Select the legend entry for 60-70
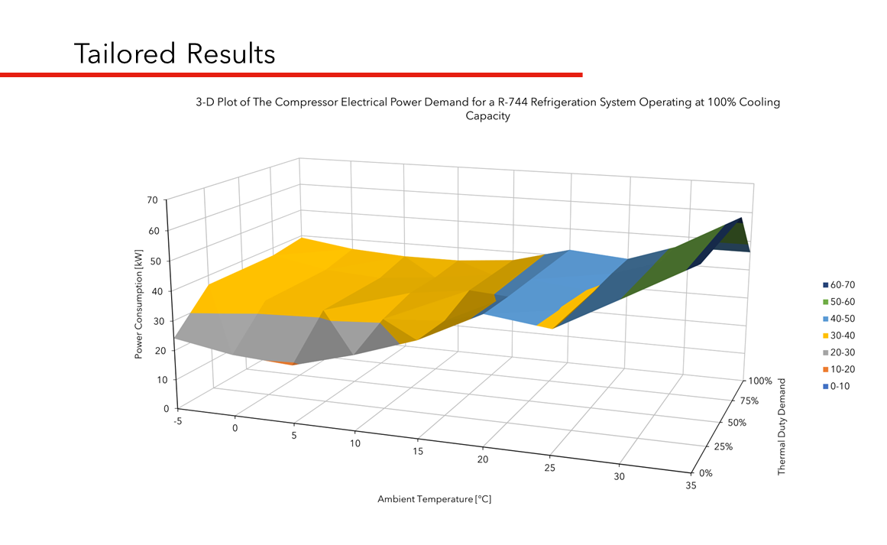coord(837,284)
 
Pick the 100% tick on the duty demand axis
coord(760,380)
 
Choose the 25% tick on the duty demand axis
coord(722,447)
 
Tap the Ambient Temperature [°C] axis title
coord(433,499)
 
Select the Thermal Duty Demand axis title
coord(782,427)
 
